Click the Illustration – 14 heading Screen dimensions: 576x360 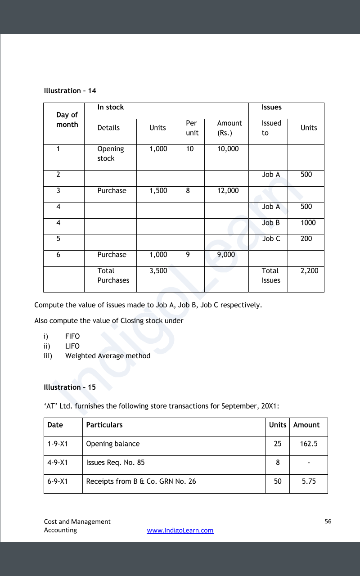pos(70,91)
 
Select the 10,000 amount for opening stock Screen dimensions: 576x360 pos(228,149)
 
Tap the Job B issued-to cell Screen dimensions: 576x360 pos(271,223)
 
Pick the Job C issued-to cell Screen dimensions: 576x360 pos(271,239)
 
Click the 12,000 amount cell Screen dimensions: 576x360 pos(228,191)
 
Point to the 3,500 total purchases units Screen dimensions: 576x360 pos(158,271)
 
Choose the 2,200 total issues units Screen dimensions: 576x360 pos(309,271)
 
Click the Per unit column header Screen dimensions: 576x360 pos(192,128)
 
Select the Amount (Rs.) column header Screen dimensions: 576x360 pos(229,128)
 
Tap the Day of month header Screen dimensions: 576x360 pos(67,120)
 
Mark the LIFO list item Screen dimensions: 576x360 pos(72,346)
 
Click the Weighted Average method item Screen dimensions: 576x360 pos(108,356)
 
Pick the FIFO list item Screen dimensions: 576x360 pos(72,336)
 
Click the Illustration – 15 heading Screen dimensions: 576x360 pos(70,387)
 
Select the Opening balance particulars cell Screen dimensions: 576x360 pos(112,444)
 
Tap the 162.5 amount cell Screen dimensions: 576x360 pos(309,444)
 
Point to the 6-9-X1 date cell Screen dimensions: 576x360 pos(58,481)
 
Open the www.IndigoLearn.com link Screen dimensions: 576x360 pos(180,531)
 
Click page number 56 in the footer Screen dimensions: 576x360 pos(328,522)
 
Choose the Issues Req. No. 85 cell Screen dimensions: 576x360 pos(115,463)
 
